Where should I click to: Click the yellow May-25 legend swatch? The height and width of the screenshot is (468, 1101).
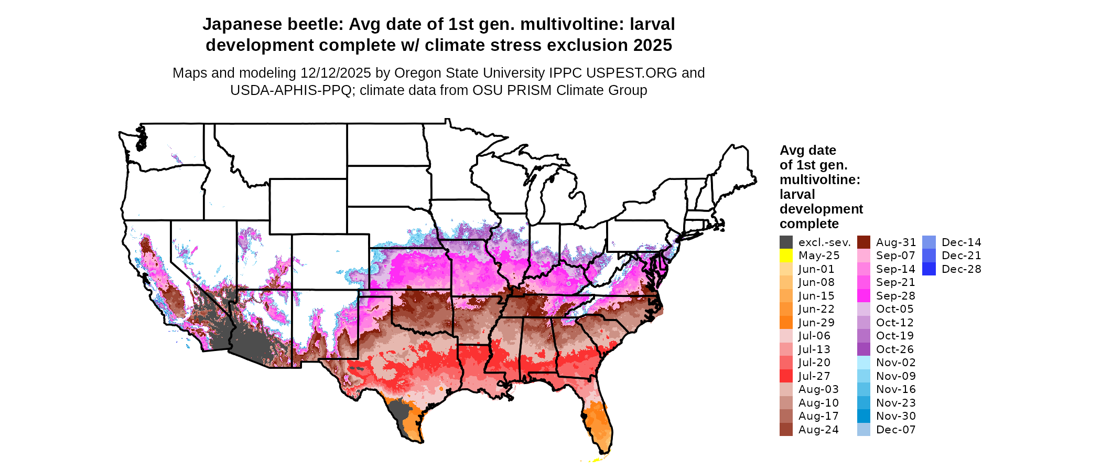pyautogui.click(x=786, y=256)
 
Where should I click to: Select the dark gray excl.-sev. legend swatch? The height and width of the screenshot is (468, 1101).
pyautogui.click(x=786, y=242)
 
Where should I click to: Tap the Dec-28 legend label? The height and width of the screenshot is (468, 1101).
pyautogui.click(x=961, y=269)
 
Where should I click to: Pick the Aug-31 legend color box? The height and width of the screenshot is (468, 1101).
pyautogui.click(x=863, y=242)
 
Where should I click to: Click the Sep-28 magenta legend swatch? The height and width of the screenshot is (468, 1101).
pyautogui.click(x=863, y=296)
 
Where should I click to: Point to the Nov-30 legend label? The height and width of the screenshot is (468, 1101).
pyautogui.click(x=895, y=416)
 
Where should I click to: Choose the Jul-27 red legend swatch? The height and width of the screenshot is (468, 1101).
pyautogui.click(x=786, y=376)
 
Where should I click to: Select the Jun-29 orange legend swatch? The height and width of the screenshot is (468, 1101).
pyautogui.click(x=786, y=323)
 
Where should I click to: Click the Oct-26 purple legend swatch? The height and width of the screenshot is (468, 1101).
pyautogui.click(x=863, y=349)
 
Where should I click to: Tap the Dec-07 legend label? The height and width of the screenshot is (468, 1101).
pyautogui.click(x=895, y=430)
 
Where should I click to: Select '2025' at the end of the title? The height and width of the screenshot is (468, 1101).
pyautogui.click(x=652, y=45)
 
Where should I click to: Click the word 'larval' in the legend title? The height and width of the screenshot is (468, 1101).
pyautogui.click(x=797, y=194)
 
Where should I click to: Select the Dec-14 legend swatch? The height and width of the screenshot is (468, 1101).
pyautogui.click(x=929, y=242)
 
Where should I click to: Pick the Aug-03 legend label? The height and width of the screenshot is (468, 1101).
pyautogui.click(x=818, y=389)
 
